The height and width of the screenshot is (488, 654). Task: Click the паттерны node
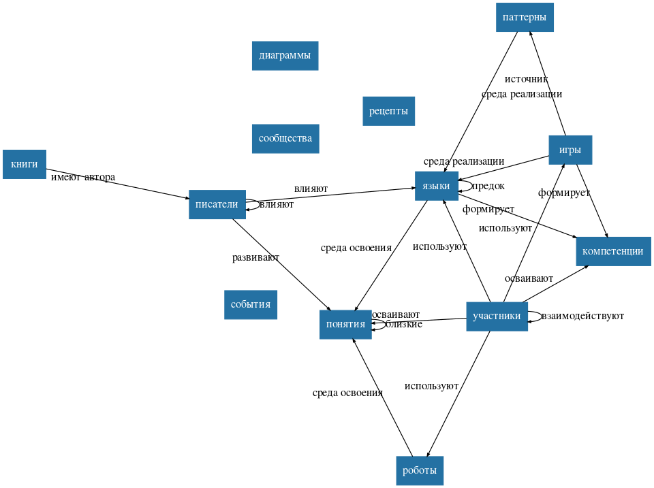coord(525,17)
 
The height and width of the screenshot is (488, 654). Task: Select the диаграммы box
coord(285,55)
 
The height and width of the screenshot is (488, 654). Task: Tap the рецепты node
coord(388,111)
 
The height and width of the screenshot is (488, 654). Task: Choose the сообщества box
coord(285,139)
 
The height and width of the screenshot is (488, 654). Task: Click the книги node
coord(25,164)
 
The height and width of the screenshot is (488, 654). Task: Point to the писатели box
coord(217,204)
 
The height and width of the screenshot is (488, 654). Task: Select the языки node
coord(436,186)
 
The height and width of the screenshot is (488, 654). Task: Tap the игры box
coord(570,150)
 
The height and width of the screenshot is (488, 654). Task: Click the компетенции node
coord(613,251)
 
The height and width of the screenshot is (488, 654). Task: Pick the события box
coord(251,304)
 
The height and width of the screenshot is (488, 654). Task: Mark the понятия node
coord(345,324)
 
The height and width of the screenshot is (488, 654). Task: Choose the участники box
coord(497,316)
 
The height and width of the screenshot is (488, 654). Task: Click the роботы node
coord(420,470)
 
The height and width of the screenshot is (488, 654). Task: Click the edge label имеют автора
coord(83,178)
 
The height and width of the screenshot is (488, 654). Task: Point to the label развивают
coord(255,257)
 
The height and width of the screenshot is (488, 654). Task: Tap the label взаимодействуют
coord(582,316)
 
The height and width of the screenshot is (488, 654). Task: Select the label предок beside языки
coord(488,186)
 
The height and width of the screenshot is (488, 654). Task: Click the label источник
coord(526,80)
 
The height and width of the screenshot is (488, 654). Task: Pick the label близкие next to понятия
coord(404,325)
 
